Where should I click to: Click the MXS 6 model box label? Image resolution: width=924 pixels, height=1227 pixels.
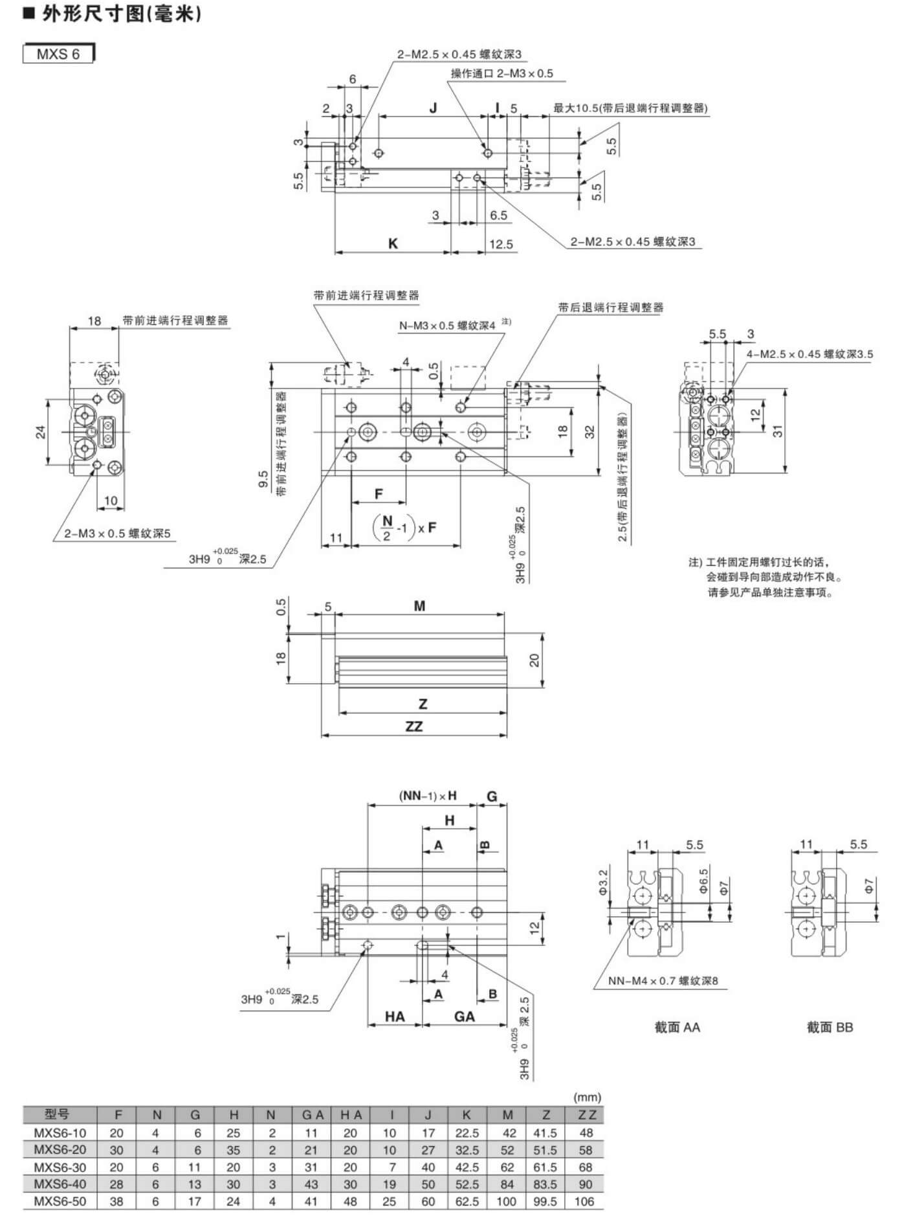click(58, 54)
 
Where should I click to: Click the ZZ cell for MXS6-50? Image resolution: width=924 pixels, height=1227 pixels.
click(584, 1202)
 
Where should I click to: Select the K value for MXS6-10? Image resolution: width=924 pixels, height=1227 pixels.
click(467, 1133)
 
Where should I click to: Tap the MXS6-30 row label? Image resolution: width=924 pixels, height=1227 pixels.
click(60, 1167)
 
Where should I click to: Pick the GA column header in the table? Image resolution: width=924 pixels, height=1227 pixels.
click(313, 1115)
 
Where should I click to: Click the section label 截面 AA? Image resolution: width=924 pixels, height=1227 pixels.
click(677, 1028)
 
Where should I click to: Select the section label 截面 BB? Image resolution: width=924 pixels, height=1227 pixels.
click(830, 1028)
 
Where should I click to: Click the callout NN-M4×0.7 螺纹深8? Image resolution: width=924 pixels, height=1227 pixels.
click(663, 981)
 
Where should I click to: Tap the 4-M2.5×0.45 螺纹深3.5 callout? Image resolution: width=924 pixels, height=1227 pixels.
click(809, 354)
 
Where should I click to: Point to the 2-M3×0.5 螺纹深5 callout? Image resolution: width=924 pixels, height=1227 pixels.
click(117, 534)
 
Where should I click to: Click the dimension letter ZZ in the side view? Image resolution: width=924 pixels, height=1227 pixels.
click(414, 726)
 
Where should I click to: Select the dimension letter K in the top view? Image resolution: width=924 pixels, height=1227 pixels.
click(393, 243)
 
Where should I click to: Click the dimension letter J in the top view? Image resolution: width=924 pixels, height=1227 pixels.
click(433, 107)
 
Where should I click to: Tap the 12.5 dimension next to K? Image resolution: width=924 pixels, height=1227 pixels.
click(501, 244)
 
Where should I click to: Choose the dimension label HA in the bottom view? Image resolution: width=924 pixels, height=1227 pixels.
click(395, 1017)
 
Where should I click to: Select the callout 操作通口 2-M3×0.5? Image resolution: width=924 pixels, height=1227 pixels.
click(502, 74)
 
